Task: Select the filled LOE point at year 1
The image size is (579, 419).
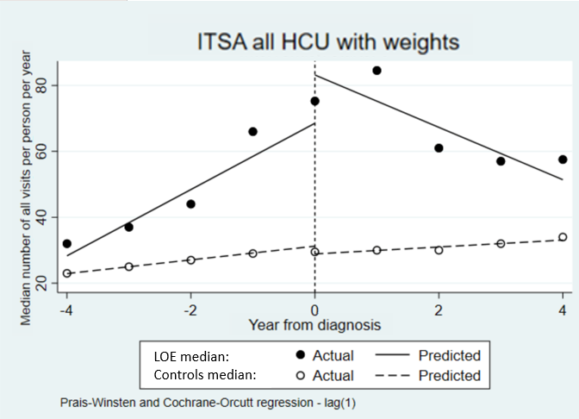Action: (377, 71)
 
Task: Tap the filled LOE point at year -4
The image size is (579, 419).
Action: (67, 244)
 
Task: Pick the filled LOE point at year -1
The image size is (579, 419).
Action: (252, 132)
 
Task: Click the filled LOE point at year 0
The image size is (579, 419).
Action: (314, 101)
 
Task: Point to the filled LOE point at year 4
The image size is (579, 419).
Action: (563, 159)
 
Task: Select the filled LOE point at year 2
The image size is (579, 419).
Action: (439, 148)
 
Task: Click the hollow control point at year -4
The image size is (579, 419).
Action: (67, 273)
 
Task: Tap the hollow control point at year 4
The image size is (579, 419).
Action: (563, 237)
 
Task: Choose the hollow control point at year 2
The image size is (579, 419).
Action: (439, 250)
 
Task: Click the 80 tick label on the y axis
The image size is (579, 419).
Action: (40, 86)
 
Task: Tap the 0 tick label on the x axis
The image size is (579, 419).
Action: (314, 310)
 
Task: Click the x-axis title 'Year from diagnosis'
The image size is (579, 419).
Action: (314, 325)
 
